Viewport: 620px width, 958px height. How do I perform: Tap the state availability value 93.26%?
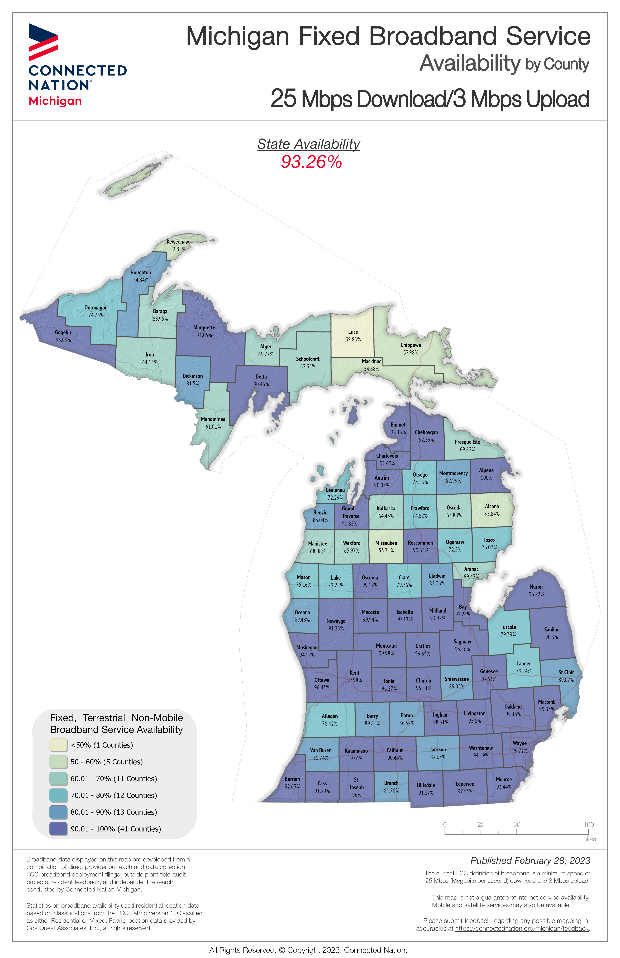click(311, 162)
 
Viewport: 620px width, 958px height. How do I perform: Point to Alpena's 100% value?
click(486, 478)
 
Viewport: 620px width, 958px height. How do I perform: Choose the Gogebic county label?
click(63, 332)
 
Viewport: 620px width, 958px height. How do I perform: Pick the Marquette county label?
click(204, 328)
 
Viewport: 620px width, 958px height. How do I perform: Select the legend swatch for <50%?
click(58, 745)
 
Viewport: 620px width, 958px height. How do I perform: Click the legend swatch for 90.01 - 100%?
click(58, 829)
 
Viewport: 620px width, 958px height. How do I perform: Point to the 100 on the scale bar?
click(589, 824)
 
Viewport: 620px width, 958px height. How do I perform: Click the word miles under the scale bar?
click(588, 839)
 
